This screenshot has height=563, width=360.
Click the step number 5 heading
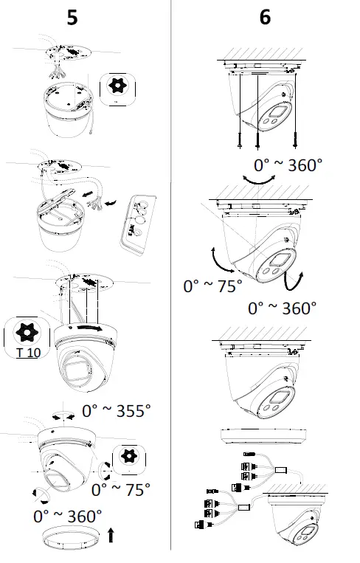[72, 18]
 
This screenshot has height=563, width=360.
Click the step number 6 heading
[265, 18]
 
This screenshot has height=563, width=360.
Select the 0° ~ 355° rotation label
[116, 410]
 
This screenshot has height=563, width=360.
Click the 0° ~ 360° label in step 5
[67, 515]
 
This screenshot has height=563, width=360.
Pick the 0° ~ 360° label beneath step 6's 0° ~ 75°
[282, 307]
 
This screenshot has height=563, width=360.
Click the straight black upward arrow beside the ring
[111, 535]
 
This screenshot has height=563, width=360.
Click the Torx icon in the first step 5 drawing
[117, 86]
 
